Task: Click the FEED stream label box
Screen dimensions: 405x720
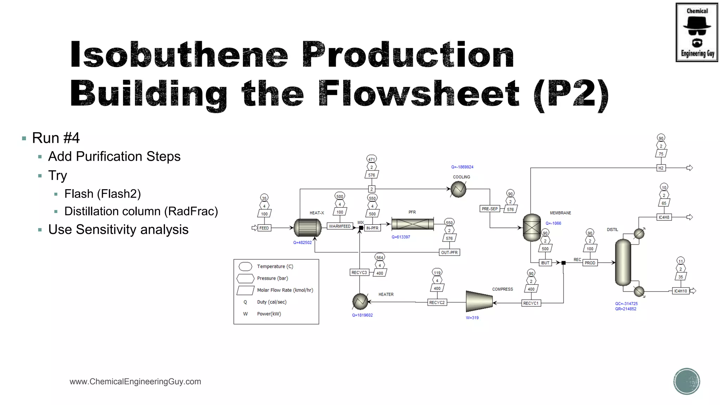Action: point(264,228)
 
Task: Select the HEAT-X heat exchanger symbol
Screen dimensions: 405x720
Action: point(308,228)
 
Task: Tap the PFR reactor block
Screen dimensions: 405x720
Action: point(412,224)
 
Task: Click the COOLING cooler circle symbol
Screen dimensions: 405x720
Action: point(458,189)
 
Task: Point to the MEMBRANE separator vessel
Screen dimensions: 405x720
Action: point(532,227)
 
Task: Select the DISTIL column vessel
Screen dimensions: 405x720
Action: point(623,262)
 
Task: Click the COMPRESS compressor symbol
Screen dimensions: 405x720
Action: point(479,301)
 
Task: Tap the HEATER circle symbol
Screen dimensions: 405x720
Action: point(360,301)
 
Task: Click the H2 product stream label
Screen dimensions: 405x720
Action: point(661,168)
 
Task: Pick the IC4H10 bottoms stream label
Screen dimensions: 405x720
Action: point(681,291)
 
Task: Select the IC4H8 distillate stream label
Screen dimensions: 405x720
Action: point(664,217)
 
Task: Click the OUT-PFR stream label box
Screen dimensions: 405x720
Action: point(449,252)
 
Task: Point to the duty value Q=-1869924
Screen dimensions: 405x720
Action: point(462,167)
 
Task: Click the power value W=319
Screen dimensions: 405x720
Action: point(472,318)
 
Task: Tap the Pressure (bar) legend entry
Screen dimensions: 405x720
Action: point(272,278)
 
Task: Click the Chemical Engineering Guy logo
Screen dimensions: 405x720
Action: point(697,32)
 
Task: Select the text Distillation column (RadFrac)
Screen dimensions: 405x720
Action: point(141,211)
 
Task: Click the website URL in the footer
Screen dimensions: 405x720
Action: point(135,381)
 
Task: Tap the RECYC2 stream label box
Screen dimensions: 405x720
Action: point(437,302)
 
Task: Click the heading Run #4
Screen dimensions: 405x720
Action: point(56,138)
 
